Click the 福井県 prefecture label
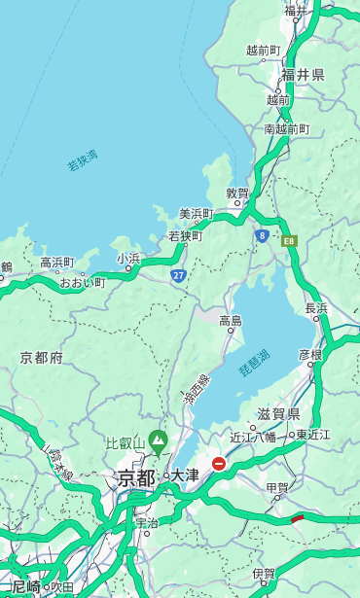[x=303, y=75]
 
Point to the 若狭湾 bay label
[x=82, y=160]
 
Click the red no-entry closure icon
[x=219, y=464]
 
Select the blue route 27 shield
[x=178, y=276]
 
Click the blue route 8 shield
[x=262, y=235]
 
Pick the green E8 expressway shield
[x=289, y=240]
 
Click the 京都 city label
[x=136, y=477]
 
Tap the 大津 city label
[x=185, y=475]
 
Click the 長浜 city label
[x=316, y=308]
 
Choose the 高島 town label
[x=231, y=321]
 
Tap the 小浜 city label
[x=128, y=258]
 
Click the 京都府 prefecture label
[x=41, y=358]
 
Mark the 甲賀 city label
[x=276, y=488]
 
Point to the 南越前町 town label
[x=286, y=128]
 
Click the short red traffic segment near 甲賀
[x=298, y=518]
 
